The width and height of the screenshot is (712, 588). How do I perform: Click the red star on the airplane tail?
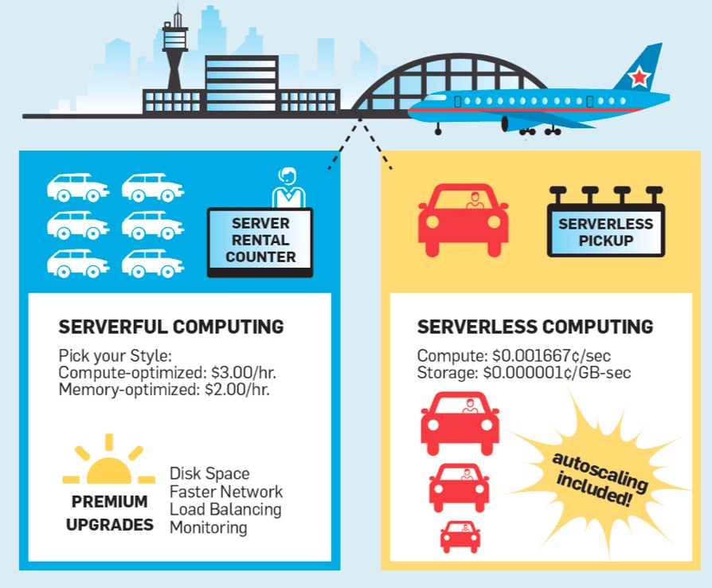tap(639, 77)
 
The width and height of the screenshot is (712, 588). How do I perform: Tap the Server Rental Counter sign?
tap(260, 240)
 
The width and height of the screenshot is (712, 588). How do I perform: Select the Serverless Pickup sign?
tap(606, 232)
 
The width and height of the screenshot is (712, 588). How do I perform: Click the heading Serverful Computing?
tap(171, 327)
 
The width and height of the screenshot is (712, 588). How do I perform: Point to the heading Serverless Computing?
tap(535, 327)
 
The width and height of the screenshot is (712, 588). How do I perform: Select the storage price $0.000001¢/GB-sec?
tap(563, 372)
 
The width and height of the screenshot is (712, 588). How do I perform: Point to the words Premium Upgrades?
tap(110, 514)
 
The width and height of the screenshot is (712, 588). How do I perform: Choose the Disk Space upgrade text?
tap(209, 474)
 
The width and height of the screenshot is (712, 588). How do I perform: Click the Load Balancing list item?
tap(225, 509)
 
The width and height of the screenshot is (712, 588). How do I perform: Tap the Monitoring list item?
tap(209, 527)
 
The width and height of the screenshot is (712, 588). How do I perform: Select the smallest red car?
tap(460, 536)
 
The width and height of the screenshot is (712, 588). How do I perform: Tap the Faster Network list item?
tap(226, 492)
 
